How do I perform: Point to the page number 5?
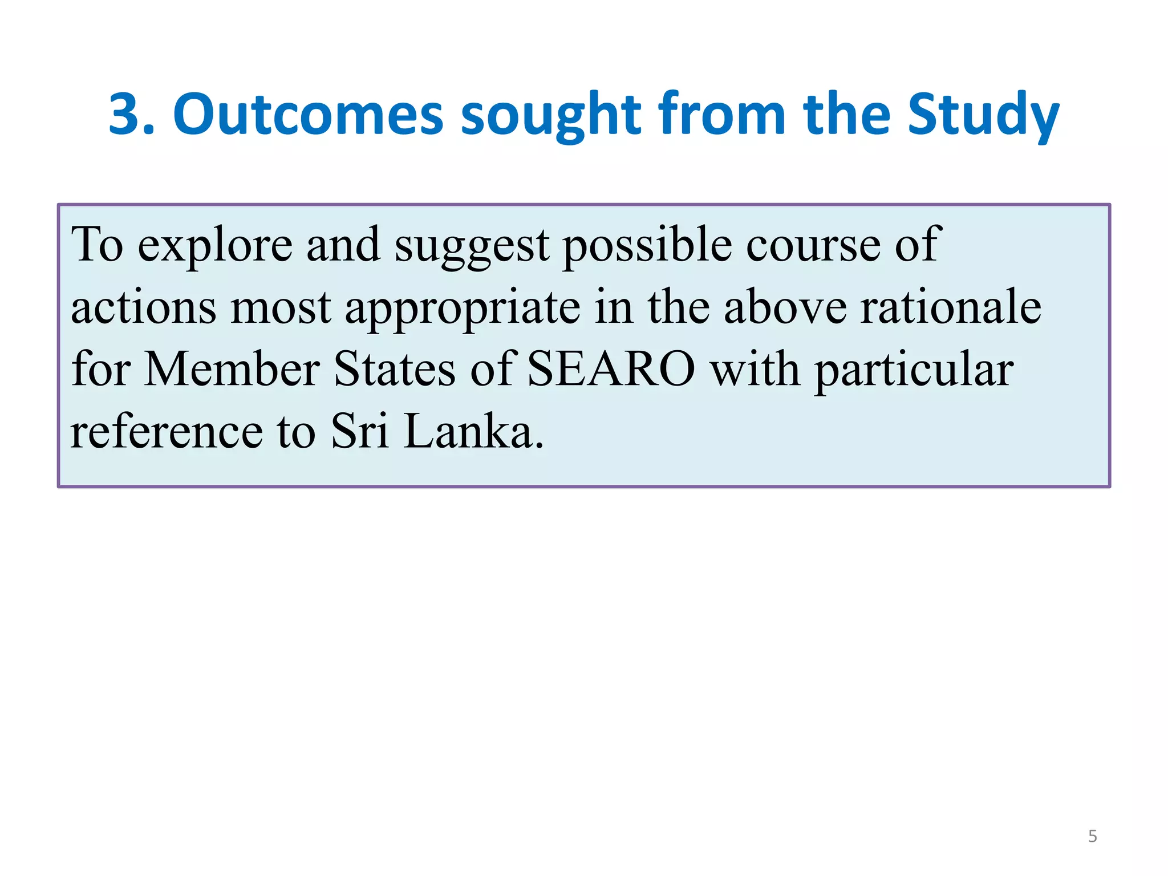(x=1092, y=836)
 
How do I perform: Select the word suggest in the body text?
(x=472, y=245)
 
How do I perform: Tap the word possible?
(x=647, y=245)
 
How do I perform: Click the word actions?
(x=144, y=308)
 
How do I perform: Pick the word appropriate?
(x=463, y=308)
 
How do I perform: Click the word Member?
(x=232, y=370)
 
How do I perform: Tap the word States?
(x=395, y=370)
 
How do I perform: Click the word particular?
(x=914, y=370)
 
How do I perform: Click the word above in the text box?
(x=785, y=308)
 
